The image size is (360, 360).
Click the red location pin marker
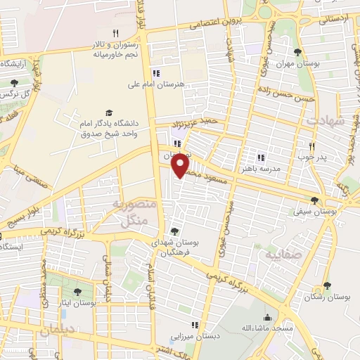pos(181,165)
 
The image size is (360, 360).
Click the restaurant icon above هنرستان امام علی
pos(155,72)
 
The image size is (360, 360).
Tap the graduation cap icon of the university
pos(108,113)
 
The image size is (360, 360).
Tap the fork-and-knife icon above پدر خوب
pos(311,146)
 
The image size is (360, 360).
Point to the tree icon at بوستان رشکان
pos(327,285)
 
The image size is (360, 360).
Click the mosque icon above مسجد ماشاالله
pos(268,317)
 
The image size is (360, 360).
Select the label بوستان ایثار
pos(77,302)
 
